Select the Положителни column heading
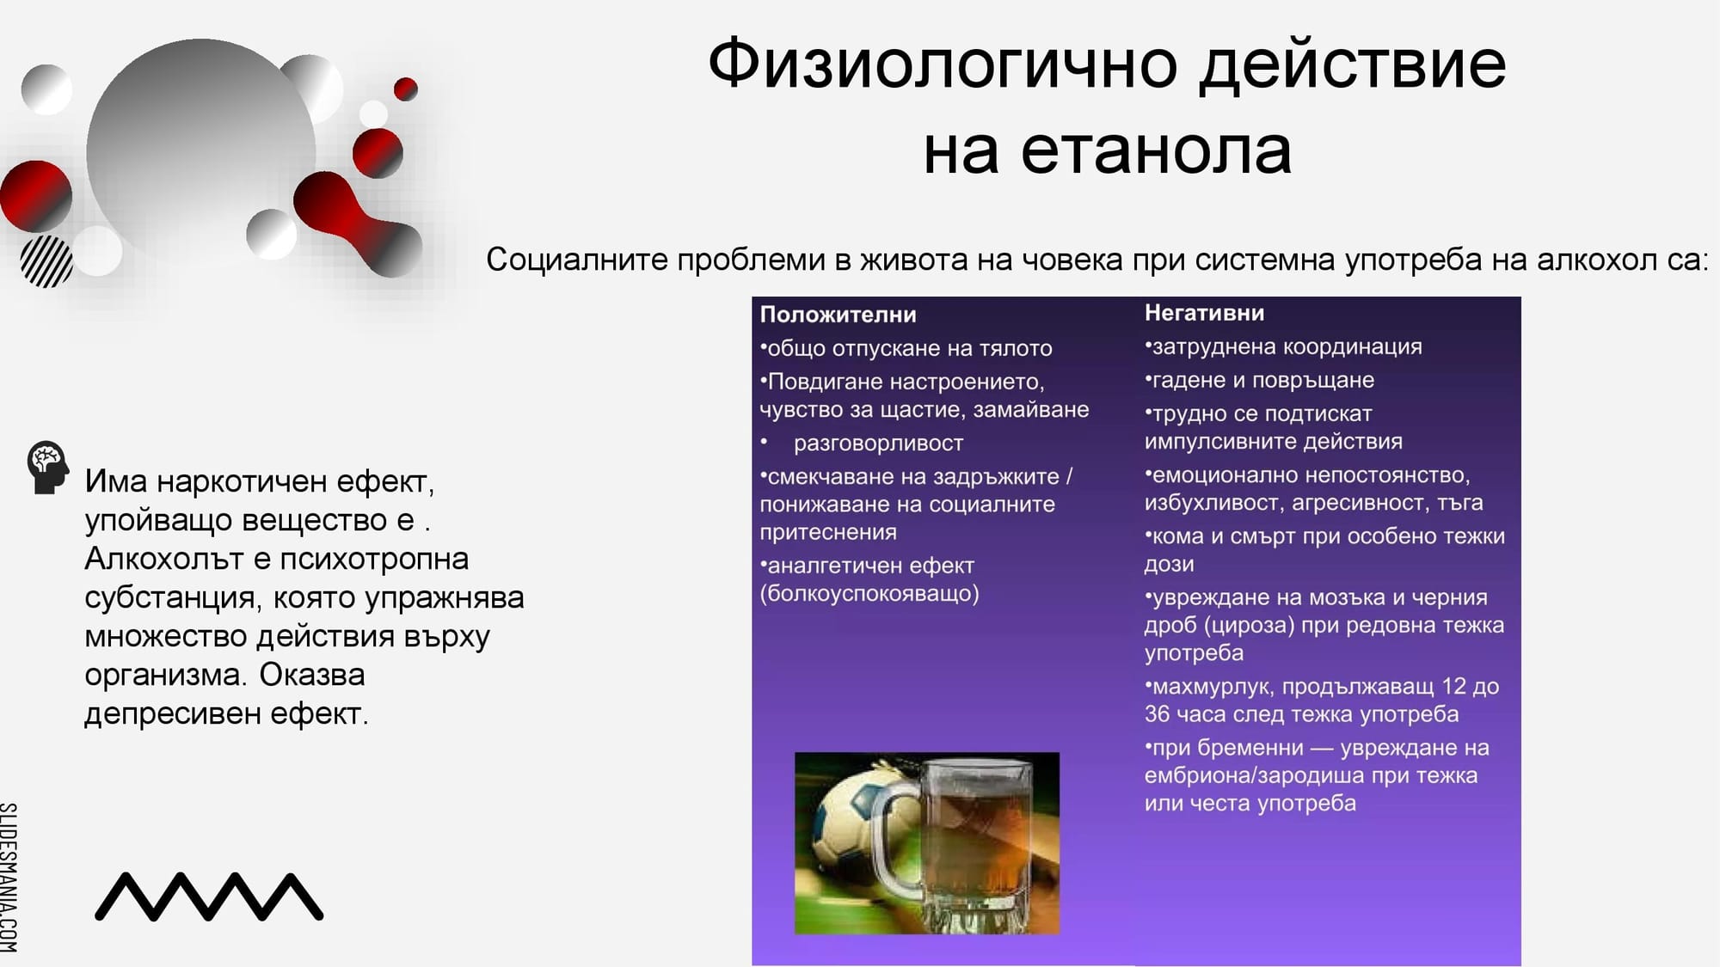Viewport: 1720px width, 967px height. coord(838,315)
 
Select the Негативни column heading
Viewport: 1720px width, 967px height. coord(1204,313)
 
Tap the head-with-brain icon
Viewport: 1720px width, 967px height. coord(47,467)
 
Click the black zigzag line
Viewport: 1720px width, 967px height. coord(209,897)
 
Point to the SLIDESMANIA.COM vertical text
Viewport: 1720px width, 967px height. coord(9,877)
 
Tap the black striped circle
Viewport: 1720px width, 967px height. coord(46,262)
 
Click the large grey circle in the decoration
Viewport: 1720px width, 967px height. coord(200,150)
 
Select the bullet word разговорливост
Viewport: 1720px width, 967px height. coord(878,444)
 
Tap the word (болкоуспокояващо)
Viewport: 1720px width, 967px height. coord(869,594)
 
